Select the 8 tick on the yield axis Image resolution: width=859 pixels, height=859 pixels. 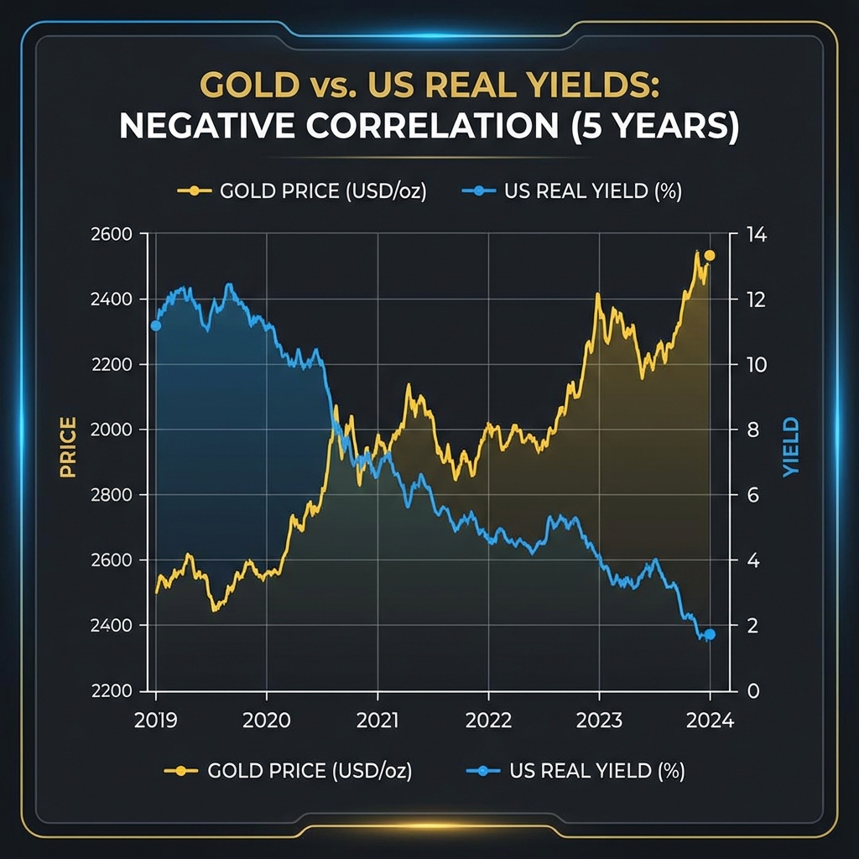[752, 429]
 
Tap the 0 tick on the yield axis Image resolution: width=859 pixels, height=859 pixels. [752, 690]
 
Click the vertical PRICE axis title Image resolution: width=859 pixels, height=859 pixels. [68, 447]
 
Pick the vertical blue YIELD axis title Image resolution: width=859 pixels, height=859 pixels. [791, 447]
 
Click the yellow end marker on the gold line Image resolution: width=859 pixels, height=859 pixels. [710, 255]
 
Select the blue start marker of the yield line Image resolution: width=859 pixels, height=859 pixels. [155, 325]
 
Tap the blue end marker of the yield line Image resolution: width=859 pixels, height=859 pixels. [710, 634]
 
